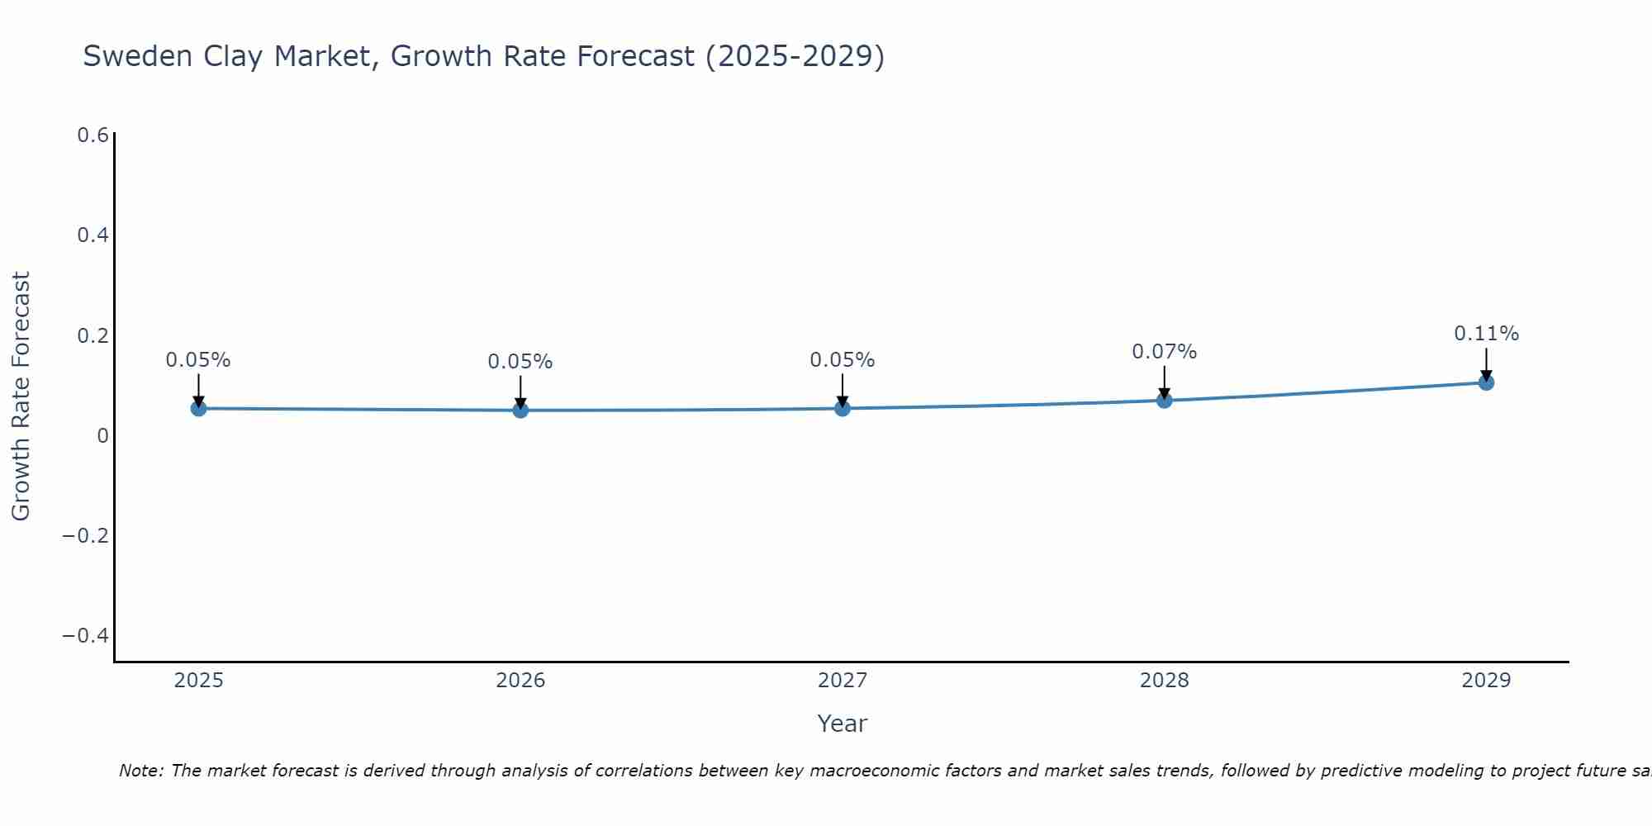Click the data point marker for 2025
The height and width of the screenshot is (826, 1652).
click(x=198, y=408)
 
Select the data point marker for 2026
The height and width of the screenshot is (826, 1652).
click(x=520, y=410)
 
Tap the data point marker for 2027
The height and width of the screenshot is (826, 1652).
click(x=843, y=408)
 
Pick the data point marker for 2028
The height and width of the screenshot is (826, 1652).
click(x=1164, y=401)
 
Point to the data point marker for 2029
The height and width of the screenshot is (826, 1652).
click(x=1486, y=382)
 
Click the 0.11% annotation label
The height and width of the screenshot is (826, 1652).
click(x=1486, y=334)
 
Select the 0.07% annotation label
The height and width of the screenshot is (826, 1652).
click(x=1164, y=352)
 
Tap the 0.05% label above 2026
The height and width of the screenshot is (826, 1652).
click(x=520, y=362)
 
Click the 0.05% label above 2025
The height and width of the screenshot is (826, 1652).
click(x=198, y=360)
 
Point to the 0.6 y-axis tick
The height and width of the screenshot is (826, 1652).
click(x=93, y=135)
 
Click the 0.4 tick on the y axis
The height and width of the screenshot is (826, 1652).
click(x=93, y=235)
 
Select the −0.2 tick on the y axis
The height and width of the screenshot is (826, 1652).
click(x=86, y=535)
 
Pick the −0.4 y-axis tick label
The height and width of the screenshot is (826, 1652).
click(x=86, y=635)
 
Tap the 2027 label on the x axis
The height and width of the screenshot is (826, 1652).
click(x=843, y=681)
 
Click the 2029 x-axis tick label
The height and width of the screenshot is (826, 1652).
click(x=1486, y=681)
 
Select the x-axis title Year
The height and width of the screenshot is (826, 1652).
click(x=842, y=724)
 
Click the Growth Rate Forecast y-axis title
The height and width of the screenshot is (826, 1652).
click(x=21, y=396)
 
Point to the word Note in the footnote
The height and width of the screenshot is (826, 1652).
click(x=141, y=771)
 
